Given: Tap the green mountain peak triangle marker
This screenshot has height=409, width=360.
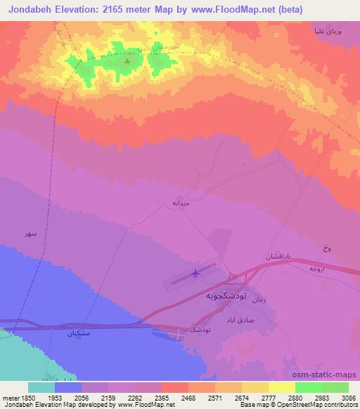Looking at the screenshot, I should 127,60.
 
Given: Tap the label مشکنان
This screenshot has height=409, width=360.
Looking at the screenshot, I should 78,333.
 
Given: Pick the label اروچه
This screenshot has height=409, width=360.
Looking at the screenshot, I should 317,269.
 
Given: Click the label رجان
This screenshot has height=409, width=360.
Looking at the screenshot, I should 259,300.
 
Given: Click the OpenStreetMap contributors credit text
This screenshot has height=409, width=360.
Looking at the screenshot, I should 326,405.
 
